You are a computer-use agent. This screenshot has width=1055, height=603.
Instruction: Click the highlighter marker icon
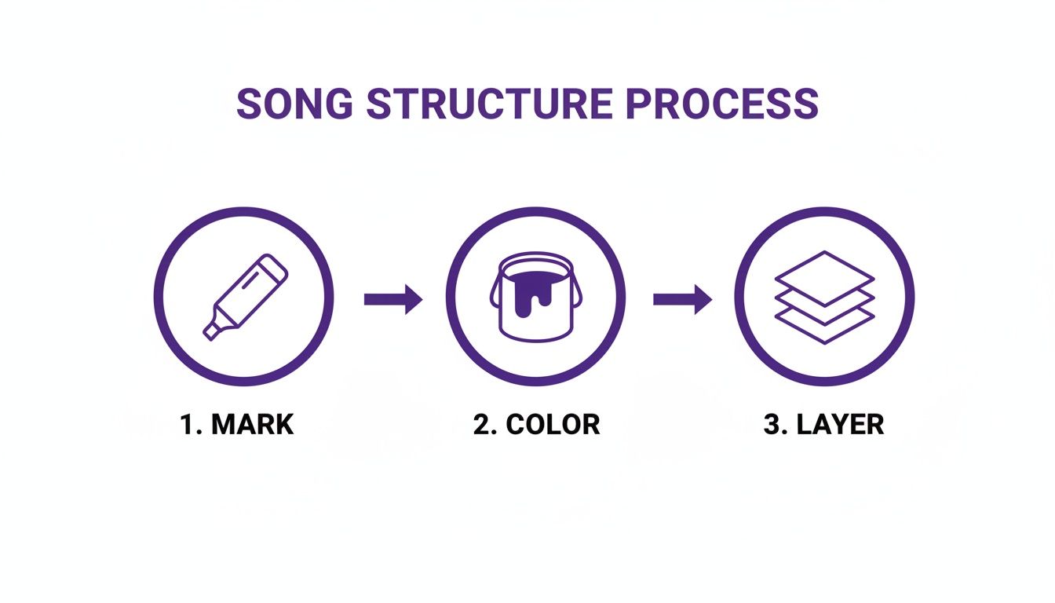point(246,296)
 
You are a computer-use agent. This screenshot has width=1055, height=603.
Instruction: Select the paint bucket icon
point(536,297)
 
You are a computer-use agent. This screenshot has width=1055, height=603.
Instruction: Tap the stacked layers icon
point(824,297)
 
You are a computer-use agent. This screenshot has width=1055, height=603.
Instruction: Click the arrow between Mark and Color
point(393,298)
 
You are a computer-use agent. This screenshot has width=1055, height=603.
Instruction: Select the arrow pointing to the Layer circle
point(682,298)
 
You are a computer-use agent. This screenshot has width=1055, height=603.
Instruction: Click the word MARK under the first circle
point(253,425)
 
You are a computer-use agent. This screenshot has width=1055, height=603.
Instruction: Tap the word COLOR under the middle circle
point(553,425)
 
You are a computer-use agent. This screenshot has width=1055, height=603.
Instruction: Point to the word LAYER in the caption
point(840,425)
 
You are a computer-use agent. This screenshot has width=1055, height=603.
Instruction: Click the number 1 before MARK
point(188,425)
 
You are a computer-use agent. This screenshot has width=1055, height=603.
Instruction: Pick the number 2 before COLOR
point(481,425)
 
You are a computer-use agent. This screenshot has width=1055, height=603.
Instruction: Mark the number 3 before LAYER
point(772,425)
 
